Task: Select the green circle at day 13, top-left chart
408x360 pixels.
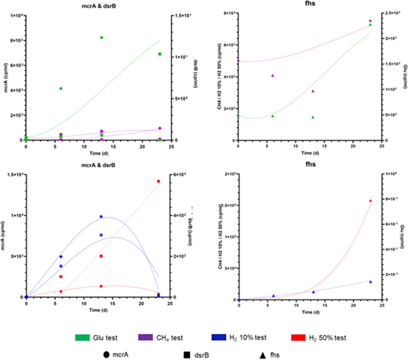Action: point(101,38)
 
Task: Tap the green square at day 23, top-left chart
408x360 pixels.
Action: point(159,54)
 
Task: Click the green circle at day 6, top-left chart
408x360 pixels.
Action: point(60,89)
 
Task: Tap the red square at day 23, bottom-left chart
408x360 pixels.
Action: point(158,181)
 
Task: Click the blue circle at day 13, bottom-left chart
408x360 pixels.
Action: point(101,216)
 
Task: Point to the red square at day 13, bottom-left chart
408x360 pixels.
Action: point(101,256)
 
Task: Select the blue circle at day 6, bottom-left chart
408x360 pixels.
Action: point(60,256)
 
